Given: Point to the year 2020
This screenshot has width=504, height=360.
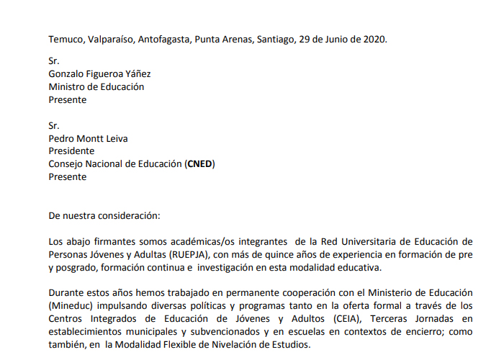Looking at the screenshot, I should tap(374, 39).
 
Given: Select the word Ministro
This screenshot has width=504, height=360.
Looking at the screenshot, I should tap(68, 86).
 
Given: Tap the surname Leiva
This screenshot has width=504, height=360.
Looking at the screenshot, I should tap(120, 139).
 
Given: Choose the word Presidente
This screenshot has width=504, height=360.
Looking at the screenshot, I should tap(71, 151).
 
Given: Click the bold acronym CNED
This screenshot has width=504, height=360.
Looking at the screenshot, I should tap(199, 163).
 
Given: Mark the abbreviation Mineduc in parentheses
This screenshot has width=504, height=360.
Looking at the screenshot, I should tap(72, 306).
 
